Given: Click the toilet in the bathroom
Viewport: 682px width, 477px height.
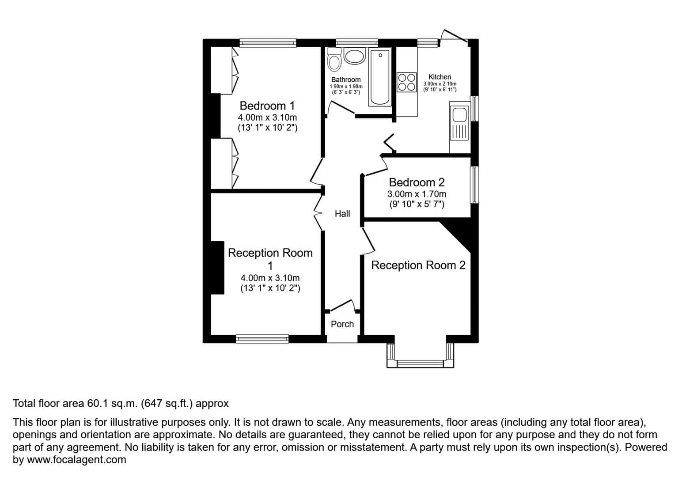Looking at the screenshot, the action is click(334, 60).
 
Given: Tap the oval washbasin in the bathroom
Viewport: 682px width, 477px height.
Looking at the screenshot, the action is click(354, 56).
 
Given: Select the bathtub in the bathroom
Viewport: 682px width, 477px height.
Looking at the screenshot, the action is click(380, 77).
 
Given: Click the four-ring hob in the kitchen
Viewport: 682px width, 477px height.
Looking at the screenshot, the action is click(406, 82).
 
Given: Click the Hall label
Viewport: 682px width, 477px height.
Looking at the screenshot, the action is click(342, 214).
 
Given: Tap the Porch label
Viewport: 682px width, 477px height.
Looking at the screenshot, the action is click(342, 324).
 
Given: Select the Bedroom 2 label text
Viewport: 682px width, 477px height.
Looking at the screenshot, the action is click(417, 182).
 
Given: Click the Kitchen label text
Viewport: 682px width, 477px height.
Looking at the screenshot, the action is click(440, 77).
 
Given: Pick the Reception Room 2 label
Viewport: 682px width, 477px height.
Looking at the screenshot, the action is click(418, 265).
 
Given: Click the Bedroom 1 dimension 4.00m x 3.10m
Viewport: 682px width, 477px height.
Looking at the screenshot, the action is click(267, 117).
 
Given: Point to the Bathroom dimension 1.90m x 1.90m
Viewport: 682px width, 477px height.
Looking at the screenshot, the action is click(346, 87).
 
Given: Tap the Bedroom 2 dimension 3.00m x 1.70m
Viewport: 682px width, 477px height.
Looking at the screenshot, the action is click(417, 194).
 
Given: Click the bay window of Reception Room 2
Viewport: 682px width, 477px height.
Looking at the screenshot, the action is click(420, 363).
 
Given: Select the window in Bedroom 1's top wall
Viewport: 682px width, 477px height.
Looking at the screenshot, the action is click(268, 43).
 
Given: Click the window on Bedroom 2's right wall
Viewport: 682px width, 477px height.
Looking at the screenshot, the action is click(474, 185).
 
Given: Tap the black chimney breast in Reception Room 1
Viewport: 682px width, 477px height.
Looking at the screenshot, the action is click(217, 268).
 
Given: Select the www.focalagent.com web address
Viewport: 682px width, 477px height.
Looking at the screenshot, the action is click(76, 460).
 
